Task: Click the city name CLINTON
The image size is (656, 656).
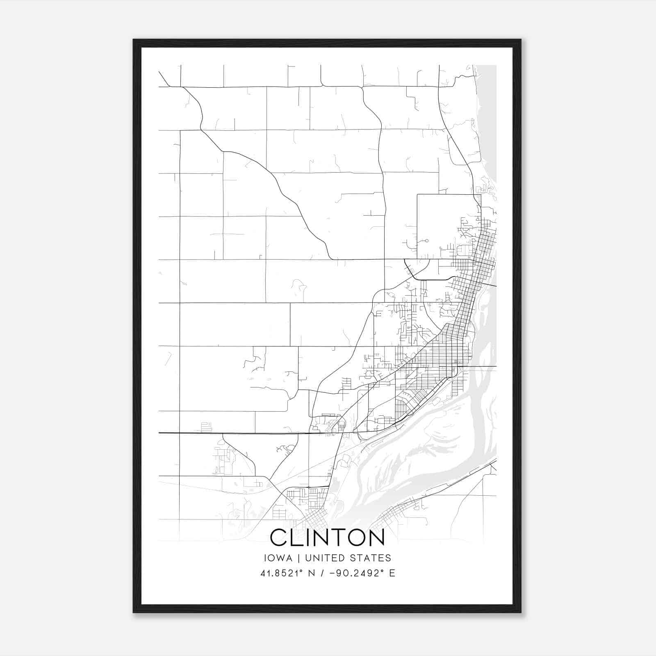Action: pos(327,537)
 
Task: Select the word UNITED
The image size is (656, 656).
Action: pos(326,558)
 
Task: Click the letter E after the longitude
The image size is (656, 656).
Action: pos(392,573)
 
